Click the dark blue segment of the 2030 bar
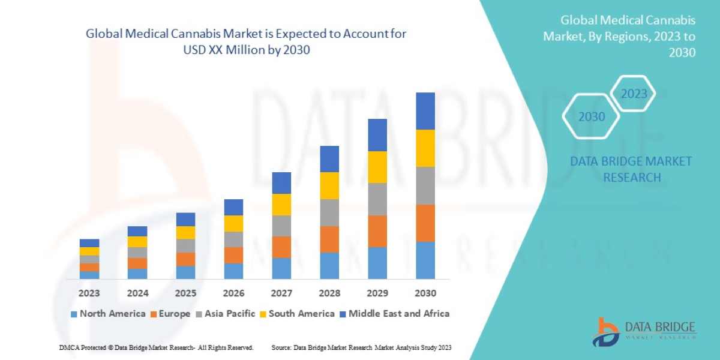coord(425,111)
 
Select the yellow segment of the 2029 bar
coord(377,167)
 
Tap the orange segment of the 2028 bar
coord(329,239)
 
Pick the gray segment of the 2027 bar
coord(281,226)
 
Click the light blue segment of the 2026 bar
coord(233,271)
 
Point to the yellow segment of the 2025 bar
coord(185,232)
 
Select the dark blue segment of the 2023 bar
coord(89,243)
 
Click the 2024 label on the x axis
coord(137,293)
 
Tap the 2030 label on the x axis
coord(425,293)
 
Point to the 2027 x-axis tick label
coord(281,293)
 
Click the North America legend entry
coord(108,313)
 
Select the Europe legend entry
coord(170,313)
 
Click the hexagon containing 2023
coord(634,94)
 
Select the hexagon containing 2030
coord(592,116)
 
